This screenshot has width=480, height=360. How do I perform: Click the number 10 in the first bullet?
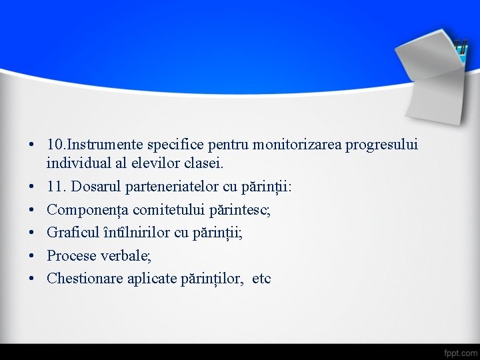[55, 145]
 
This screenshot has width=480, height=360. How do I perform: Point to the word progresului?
[382, 145]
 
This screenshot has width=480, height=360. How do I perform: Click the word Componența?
[88, 210]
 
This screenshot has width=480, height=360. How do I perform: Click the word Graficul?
[74, 233]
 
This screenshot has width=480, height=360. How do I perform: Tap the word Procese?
[72, 255]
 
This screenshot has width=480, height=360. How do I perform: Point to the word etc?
[261, 279]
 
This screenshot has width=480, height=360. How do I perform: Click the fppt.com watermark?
[460, 351]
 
